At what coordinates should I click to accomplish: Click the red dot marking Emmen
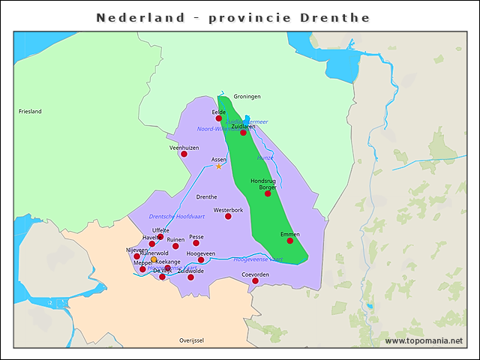coord(290,241)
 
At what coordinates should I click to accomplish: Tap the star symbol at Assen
coord(219,166)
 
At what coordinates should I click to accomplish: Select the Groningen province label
coord(247,97)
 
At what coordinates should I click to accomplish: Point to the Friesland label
coord(30,112)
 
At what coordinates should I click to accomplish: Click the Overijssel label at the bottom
coord(191,340)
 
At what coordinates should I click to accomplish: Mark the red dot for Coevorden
coord(255,281)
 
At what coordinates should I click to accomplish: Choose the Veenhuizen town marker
coord(184,154)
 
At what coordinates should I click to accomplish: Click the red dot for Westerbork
coord(228,217)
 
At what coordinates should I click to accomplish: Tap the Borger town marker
coord(268,193)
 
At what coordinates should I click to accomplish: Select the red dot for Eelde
coord(219,118)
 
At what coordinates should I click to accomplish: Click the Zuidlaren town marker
coord(243,133)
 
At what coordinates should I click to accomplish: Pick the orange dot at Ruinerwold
coord(154,259)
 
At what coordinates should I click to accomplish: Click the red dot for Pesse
coord(196,243)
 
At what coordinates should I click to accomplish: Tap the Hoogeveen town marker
coord(200,260)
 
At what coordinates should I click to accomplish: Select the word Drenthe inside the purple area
coord(206,197)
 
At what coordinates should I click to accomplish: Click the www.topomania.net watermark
coord(424,341)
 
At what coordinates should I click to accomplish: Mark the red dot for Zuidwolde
coord(190,277)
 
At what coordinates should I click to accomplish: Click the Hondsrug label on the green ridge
coord(262,181)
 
